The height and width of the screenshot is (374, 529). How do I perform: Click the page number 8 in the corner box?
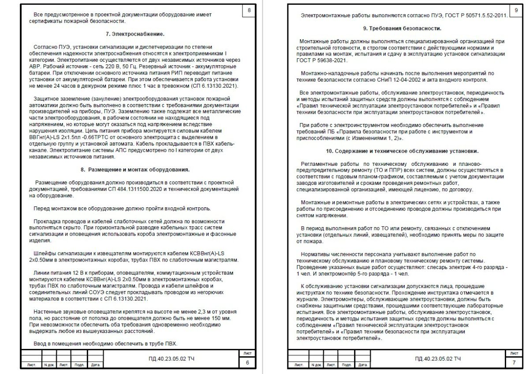(x=249, y=10)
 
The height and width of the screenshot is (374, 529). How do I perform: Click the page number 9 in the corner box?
(x=516, y=10)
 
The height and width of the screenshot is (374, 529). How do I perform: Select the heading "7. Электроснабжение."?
(x=135, y=34)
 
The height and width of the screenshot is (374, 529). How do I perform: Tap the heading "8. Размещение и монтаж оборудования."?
(x=135, y=169)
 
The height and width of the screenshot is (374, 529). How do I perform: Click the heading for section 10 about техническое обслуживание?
(x=402, y=151)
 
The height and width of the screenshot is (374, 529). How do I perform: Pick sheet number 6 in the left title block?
(x=247, y=363)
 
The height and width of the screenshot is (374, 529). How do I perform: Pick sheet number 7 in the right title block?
(x=514, y=363)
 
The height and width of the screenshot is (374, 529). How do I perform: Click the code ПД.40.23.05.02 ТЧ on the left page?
(x=171, y=359)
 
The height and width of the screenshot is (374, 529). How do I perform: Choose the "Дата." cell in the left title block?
(x=95, y=365)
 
